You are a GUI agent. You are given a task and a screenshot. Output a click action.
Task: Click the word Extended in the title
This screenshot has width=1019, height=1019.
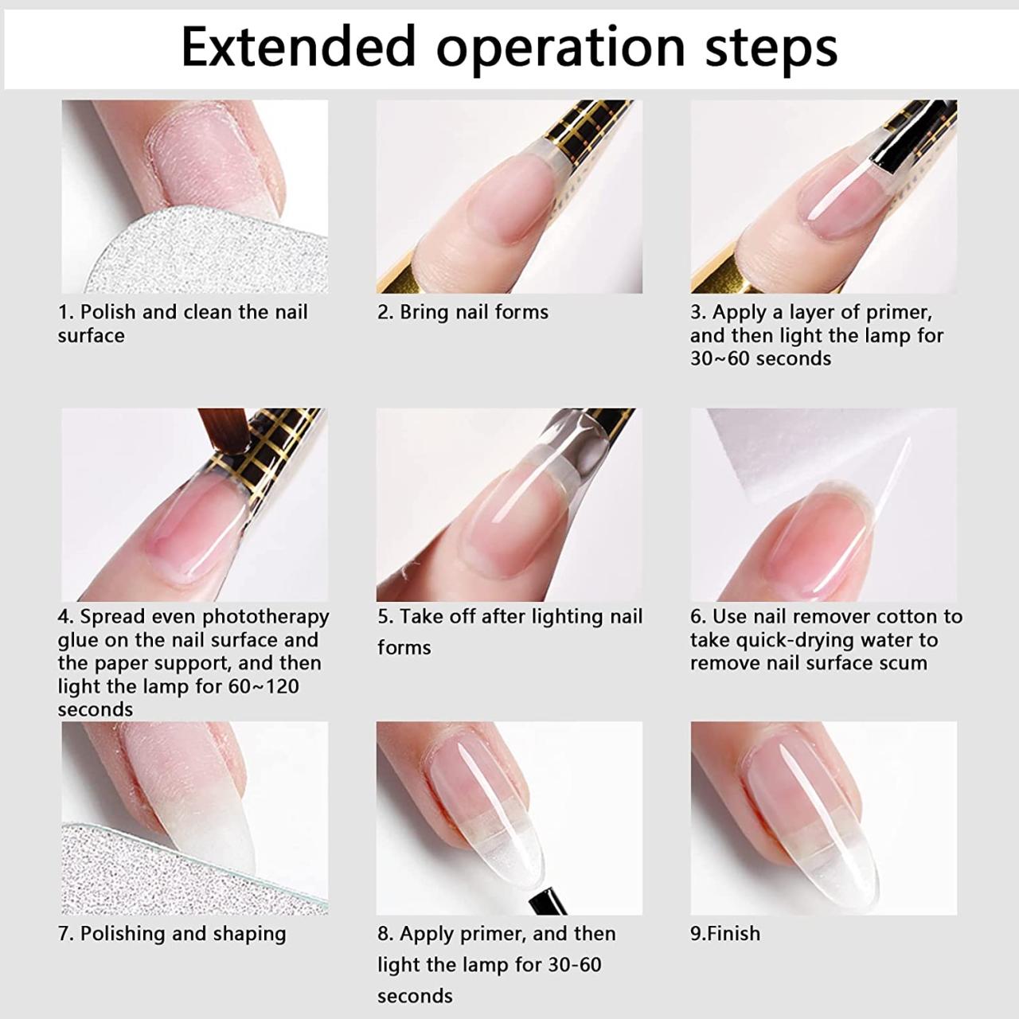tap(299, 46)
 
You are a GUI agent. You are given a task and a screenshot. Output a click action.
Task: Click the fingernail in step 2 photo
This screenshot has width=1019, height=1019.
tap(502, 199)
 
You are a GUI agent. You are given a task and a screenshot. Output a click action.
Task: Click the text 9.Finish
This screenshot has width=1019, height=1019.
tap(724, 933)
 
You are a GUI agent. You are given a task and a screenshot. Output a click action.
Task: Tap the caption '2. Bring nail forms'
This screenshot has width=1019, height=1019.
tap(463, 312)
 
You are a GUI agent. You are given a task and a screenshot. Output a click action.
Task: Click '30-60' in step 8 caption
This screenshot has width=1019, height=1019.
tap(574, 965)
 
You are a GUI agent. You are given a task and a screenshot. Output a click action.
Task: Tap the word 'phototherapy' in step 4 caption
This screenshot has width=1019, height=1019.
tap(266, 617)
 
